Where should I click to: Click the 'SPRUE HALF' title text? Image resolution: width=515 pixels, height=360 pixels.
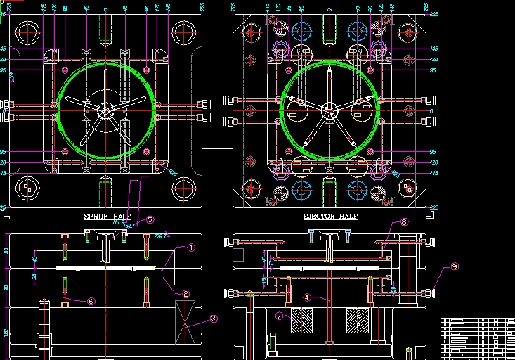pos(107,216)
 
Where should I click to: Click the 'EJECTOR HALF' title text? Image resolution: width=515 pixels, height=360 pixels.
pos(330,217)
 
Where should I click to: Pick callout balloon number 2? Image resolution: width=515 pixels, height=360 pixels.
pos(185,294)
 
